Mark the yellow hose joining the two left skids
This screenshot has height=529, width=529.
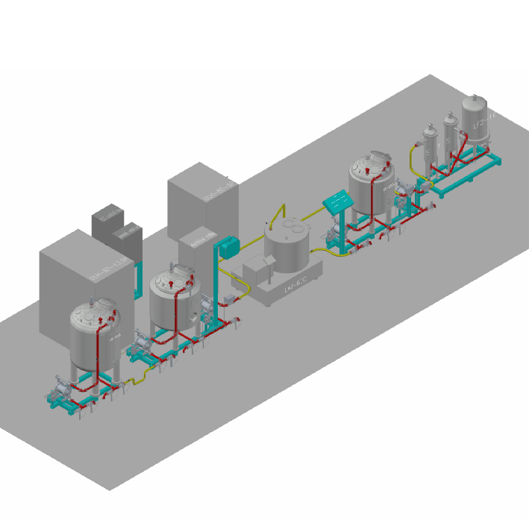[x=133, y=379]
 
